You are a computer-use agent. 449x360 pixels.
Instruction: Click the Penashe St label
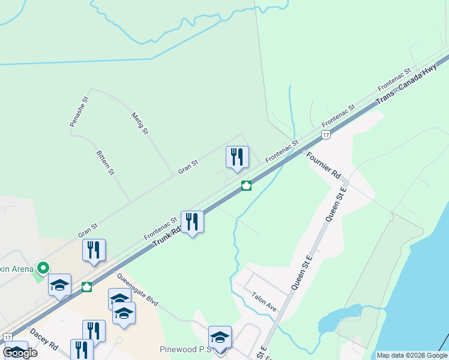click(79, 111)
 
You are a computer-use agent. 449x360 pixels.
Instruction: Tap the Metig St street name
click(139, 122)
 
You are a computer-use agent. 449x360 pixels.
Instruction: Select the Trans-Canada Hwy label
click(406, 87)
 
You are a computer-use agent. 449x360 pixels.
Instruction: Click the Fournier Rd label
click(324, 166)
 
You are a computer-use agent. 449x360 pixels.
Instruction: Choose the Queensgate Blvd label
click(137, 290)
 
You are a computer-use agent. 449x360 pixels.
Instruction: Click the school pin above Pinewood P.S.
click(220, 338)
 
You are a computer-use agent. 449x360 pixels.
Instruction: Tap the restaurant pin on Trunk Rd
click(192, 222)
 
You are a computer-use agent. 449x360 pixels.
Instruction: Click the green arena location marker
click(43, 268)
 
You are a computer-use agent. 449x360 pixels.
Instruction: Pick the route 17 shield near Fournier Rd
click(325, 136)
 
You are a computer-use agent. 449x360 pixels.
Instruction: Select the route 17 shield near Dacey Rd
click(7, 337)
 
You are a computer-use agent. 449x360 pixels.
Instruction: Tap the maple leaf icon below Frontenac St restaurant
click(246, 185)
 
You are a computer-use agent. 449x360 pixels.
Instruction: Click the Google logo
click(20, 353)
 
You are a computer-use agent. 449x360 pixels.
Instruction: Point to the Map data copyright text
click(412, 355)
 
